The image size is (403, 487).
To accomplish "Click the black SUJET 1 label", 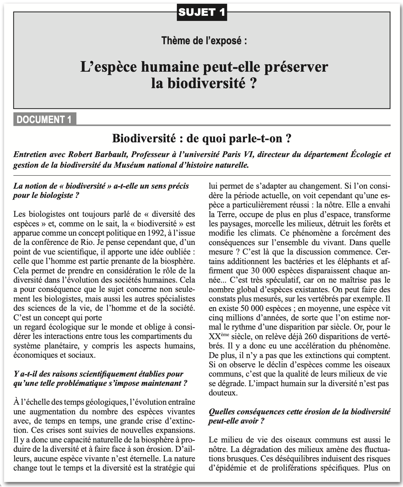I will [202, 13].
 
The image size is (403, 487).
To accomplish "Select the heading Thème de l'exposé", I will [204, 40].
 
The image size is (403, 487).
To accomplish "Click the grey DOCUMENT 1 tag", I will [44, 119].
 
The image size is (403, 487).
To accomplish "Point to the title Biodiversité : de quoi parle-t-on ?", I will [202, 139].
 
